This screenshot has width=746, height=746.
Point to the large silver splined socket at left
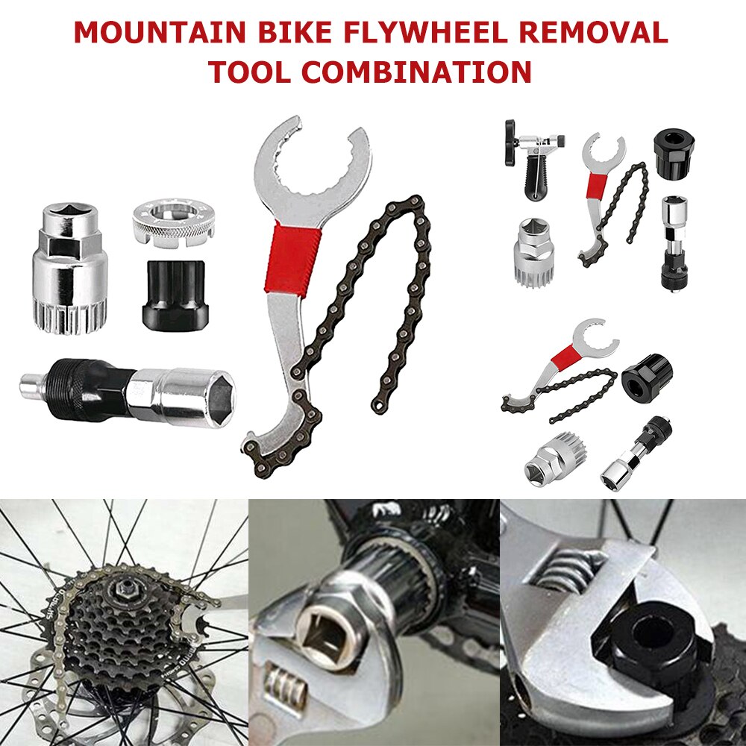(x=69, y=269)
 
